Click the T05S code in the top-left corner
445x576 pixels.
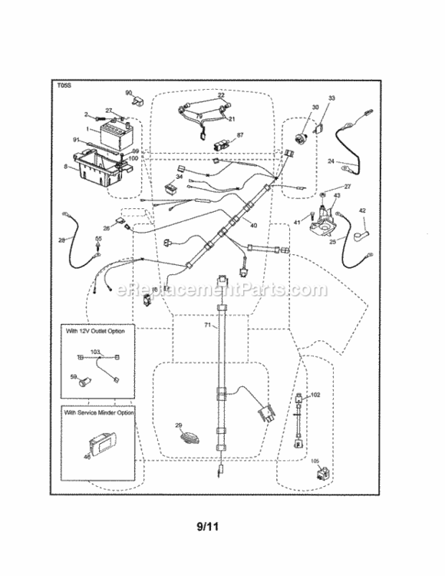point(64,88)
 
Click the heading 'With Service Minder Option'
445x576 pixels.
point(101,412)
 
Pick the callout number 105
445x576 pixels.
point(315,462)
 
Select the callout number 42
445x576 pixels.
point(363,210)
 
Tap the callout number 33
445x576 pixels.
point(332,98)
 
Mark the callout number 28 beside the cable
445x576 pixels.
point(61,240)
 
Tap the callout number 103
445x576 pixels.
point(94,351)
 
